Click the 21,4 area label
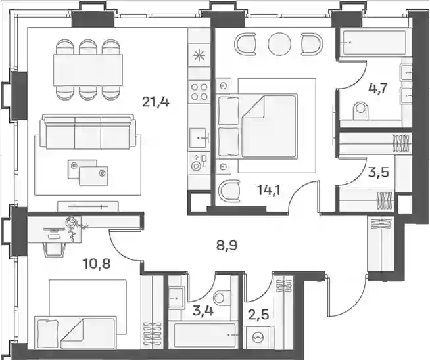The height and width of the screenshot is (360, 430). click(156, 102)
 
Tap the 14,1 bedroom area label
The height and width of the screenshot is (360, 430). click(269, 190)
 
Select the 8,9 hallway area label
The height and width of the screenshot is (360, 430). click(227, 246)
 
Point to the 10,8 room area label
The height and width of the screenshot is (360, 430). click(96, 264)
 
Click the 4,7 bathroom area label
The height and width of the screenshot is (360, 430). click(377, 89)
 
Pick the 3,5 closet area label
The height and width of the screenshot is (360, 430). click(379, 173)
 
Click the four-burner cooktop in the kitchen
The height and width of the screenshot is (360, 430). click(199, 92)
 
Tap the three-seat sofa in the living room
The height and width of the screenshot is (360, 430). click(87, 132)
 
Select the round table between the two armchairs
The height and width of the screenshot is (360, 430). click(279, 44)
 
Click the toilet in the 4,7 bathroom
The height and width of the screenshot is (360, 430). click(360, 110)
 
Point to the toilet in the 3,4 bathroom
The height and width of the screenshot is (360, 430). click(222, 297)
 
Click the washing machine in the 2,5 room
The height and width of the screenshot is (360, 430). click(258, 338)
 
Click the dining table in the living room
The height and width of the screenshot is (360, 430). click(87, 70)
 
